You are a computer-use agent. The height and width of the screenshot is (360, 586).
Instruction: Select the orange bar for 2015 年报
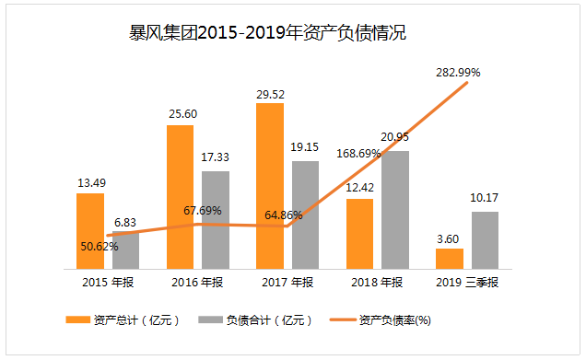click(x=90, y=230)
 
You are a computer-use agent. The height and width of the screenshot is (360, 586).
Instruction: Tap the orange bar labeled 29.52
click(x=270, y=184)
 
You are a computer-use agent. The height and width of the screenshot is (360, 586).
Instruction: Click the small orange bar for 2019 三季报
click(x=450, y=258)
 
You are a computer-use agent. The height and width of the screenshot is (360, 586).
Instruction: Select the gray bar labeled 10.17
click(x=486, y=239)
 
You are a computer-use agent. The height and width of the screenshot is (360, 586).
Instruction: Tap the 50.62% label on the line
click(x=100, y=247)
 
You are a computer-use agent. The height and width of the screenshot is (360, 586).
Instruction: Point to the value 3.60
click(x=450, y=238)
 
